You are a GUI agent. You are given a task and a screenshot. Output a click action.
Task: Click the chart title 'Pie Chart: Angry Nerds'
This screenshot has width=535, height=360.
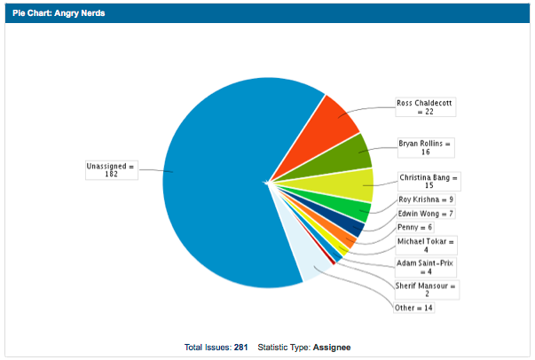pos(54,13)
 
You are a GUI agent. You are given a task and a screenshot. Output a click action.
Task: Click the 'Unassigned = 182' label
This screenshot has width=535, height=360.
pos(112,170)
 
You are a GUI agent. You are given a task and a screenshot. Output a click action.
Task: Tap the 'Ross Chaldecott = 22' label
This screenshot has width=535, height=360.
pos(424,106)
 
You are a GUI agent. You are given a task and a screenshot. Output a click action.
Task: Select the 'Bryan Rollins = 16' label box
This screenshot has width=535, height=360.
pos(425,147)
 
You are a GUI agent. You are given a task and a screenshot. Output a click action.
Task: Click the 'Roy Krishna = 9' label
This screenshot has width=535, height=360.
pos(425,200)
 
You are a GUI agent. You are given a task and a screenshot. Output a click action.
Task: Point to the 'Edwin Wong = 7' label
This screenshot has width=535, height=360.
pos(425,214)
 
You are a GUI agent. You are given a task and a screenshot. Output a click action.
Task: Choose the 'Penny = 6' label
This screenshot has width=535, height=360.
pos(414,228)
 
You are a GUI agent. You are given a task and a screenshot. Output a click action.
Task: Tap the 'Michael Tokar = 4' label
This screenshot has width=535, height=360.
pos(425,245)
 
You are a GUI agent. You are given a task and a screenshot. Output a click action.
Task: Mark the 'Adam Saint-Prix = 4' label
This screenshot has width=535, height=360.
pos(425,268)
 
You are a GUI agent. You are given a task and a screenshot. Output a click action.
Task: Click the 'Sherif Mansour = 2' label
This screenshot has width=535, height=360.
pos(425,290)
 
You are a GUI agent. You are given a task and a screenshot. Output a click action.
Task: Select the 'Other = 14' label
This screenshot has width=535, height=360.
pos(414,308)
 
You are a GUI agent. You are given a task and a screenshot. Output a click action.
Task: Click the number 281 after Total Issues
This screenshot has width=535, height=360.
pos(240,347)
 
